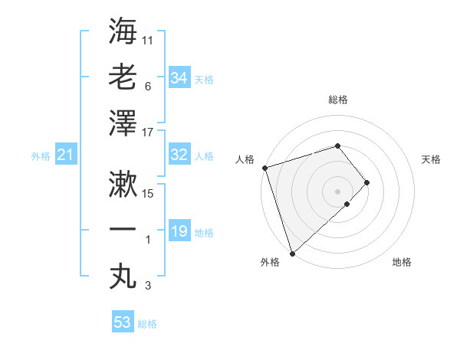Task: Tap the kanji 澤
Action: pyautogui.click(x=123, y=123)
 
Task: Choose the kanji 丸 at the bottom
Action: pyautogui.click(x=123, y=277)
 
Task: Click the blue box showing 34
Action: pyautogui.click(x=179, y=78)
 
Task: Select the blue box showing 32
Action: pyautogui.click(x=179, y=155)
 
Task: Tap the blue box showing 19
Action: pyautogui.click(x=179, y=231)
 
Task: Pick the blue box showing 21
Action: pyautogui.click(x=65, y=155)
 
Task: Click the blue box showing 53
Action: pyautogui.click(x=123, y=322)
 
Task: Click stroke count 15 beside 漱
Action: pyautogui.click(x=148, y=193)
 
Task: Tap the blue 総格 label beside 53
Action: pyautogui.click(x=147, y=324)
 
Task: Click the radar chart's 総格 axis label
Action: pyautogui.click(x=337, y=100)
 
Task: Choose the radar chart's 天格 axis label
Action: pyautogui.click(x=432, y=159)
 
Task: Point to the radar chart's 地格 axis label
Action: pyautogui.click(x=402, y=263)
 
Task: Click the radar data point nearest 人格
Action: pyautogui.click(x=264, y=168)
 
